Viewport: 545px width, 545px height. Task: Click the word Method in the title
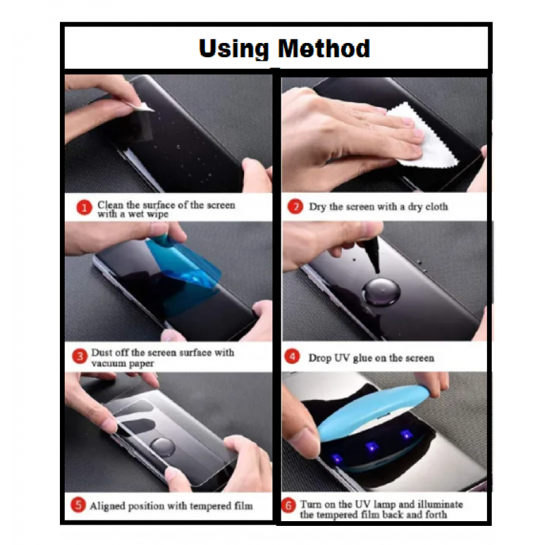coord(324,48)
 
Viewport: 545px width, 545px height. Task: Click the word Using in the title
coord(234,49)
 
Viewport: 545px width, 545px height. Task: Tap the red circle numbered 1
coord(84,208)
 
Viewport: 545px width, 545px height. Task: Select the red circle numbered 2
coord(296,206)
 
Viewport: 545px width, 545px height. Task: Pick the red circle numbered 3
coord(80,356)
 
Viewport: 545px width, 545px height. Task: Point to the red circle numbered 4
coord(292,356)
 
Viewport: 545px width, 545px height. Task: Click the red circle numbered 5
coord(78,505)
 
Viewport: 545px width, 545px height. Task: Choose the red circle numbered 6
coord(288,506)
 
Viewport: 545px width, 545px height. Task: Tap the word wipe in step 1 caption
coord(157,214)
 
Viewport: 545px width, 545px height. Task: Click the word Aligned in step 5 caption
coord(108,506)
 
